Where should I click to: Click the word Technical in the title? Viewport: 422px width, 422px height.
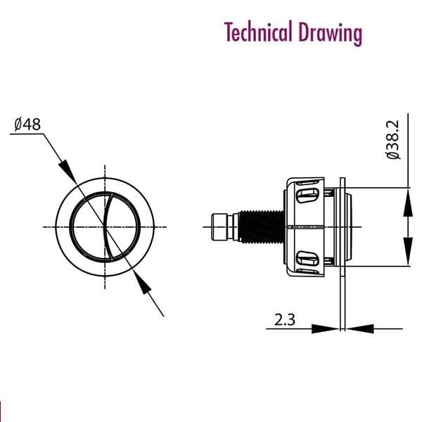[x=259, y=32]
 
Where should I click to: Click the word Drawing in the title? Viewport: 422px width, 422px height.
[x=331, y=33]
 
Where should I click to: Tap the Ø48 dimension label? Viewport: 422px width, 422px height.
[x=27, y=124]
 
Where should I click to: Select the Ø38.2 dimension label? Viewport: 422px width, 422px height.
[x=393, y=140]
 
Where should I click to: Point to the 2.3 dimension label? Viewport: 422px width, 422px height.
[x=285, y=320]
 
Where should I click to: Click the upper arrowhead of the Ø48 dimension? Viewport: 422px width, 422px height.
[x=68, y=171]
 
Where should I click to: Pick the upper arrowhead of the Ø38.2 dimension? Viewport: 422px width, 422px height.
[x=408, y=203]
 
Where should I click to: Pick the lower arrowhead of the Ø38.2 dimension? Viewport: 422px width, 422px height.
[x=408, y=251]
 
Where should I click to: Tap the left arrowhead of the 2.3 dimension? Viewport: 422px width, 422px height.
[x=325, y=328]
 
